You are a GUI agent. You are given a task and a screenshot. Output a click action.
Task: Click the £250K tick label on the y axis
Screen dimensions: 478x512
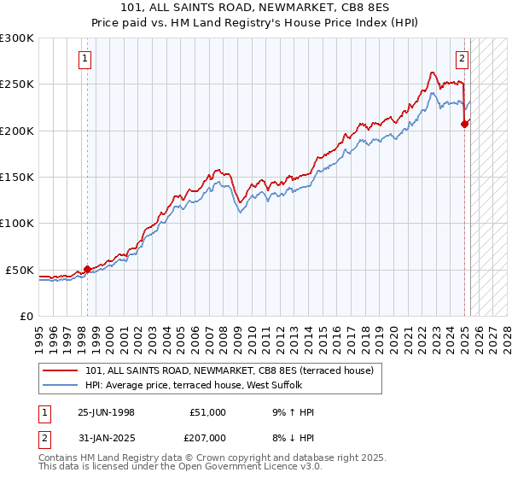tap(17, 85)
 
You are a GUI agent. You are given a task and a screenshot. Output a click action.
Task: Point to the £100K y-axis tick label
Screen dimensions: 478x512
tap(17, 224)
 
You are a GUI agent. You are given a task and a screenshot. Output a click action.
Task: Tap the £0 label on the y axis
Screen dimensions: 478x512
tap(26, 316)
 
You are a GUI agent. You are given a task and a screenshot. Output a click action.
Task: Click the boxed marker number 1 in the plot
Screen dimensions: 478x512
tap(86, 59)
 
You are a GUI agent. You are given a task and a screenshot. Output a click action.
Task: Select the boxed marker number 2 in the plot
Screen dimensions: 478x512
tap(462, 59)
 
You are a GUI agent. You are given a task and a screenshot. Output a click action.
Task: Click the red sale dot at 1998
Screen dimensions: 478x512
tap(87, 269)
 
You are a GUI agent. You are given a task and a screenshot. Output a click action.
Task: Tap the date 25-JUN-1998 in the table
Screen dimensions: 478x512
tap(106, 412)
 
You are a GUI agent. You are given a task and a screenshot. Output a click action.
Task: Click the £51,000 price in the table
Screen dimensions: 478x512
tap(208, 412)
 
